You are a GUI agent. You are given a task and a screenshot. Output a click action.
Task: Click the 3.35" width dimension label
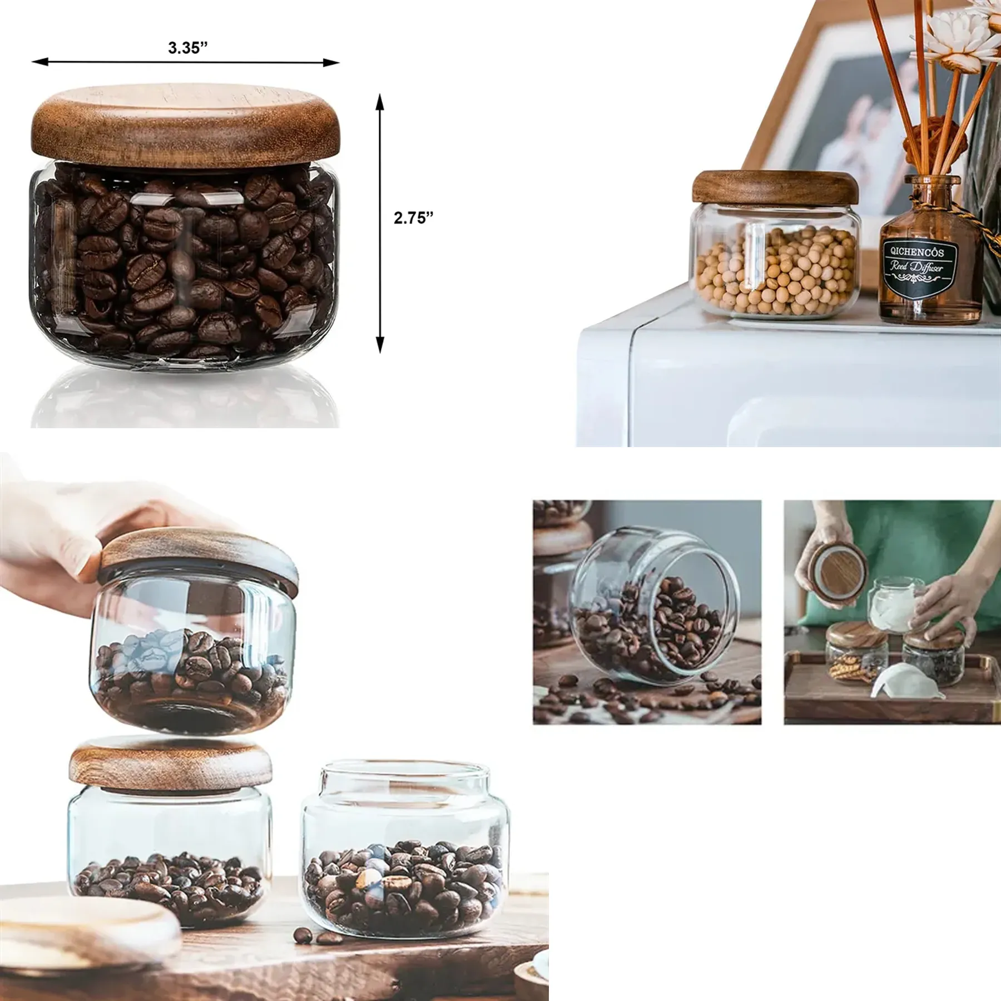[x=188, y=48]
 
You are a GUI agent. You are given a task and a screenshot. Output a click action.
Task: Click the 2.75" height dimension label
[x=413, y=218]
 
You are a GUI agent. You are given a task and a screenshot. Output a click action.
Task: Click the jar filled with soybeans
[x=775, y=246]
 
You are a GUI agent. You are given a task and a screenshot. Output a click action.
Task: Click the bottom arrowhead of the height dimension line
[x=380, y=345]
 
